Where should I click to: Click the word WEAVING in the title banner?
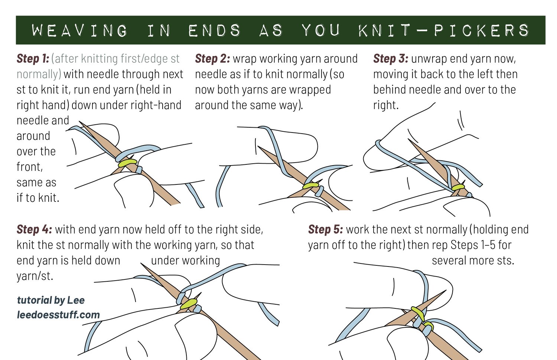pyautogui.click(x=79, y=30)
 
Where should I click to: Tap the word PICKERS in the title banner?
pyautogui.click(x=482, y=30)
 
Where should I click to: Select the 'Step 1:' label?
pyautogui.click(x=33, y=59)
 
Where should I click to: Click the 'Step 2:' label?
pyautogui.click(x=212, y=59)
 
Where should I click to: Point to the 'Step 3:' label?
pyautogui.click(x=390, y=59)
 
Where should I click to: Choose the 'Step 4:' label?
pyautogui.click(x=34, y=229)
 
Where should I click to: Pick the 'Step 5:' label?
pyautogui.click(x=325, y=229)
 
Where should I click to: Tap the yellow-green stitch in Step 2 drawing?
pyautogui.click(x=310, y=185)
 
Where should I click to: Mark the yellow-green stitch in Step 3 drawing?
pyautogui.click(x=458, y=187)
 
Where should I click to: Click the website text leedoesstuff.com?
pyautogui.click(x=58, y=315)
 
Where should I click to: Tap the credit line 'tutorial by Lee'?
pyautogui.click(x=51, y=300)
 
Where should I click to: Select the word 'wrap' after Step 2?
pyautogui.click(x=244, y=59)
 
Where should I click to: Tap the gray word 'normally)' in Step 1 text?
pyautogui.click(x=39, y=74)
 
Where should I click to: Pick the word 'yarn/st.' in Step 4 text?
pyautogui.click(x=35, y=276)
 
